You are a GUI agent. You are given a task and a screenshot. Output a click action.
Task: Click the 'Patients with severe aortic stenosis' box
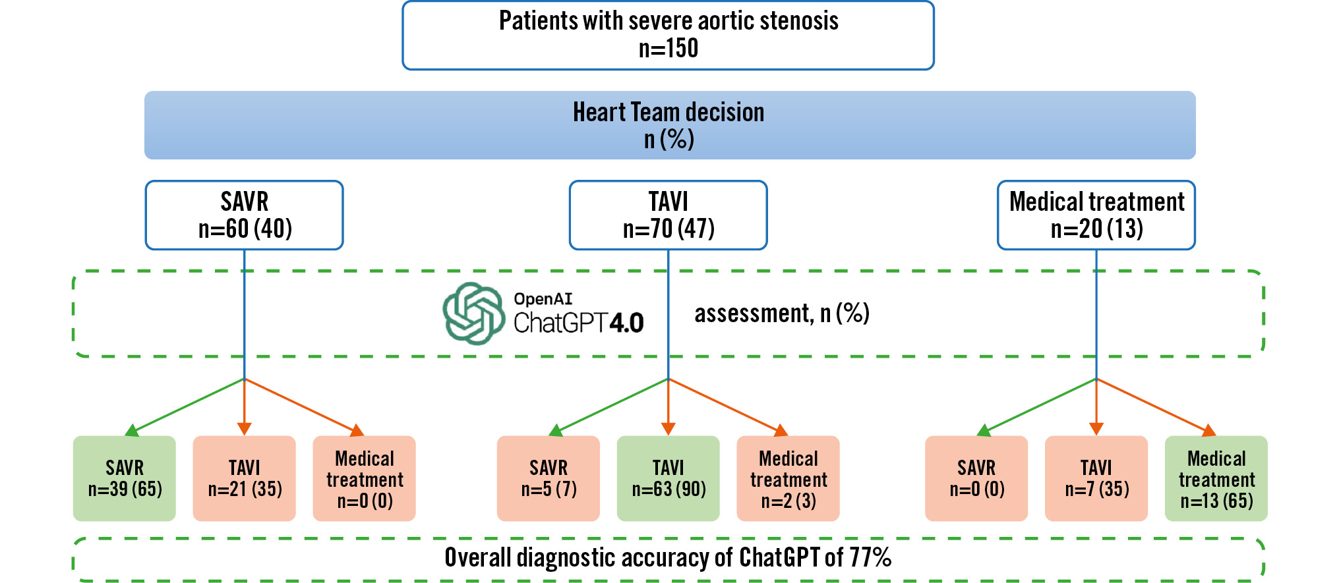click(x=668, y=35)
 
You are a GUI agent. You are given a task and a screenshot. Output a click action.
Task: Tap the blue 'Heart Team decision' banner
click(x=669, y=125)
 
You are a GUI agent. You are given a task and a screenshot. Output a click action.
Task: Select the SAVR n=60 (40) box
click(x=244, y=215)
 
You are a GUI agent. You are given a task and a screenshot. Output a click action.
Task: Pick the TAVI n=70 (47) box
click(x=668, y=215)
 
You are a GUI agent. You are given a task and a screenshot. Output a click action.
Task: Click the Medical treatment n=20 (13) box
click(x=1096, y=215)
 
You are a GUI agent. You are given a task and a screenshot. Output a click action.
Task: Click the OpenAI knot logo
click(x=473, y=314)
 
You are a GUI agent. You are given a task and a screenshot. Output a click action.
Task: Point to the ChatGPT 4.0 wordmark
click(x=578, y=323)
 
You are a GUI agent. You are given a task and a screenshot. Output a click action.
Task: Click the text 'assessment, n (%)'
click(x=782, y=314)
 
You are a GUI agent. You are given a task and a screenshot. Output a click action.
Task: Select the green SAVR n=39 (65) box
click(x=125, y=478)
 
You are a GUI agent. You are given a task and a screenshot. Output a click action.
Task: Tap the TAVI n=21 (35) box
click(x=244, y=478)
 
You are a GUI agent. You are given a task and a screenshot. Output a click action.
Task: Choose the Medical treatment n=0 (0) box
click(x=364, y=478)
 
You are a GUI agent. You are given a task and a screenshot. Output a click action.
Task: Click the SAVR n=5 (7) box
click(x=548, y=478)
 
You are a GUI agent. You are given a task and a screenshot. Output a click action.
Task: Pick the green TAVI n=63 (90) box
click(x=668, y=478)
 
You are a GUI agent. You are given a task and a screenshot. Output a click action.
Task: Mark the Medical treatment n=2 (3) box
click(x=788, y=478)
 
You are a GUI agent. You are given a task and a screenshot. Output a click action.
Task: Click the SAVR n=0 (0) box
click(x=976, y=478)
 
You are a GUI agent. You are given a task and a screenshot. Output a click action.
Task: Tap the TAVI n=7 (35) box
click(x=1096, y=478)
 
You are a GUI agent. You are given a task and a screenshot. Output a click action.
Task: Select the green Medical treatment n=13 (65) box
click(x=1216, y=478)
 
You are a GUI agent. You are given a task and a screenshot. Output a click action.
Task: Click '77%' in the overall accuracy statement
click(x=870, y=558)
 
